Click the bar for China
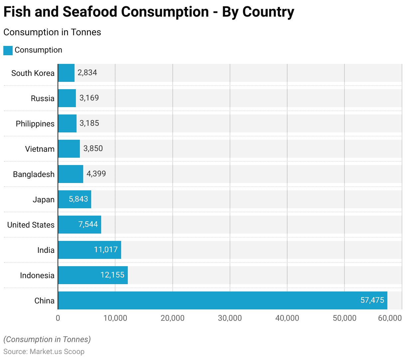pyautogui.click(x=222, y=300)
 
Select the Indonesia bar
pyautogui.click(x=93, y=275)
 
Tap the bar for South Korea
pyautogui.click(x=66, y=73)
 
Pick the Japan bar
pyautogui.click(x=75, y=199)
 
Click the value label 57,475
pyautogui.click(x=372, y=300)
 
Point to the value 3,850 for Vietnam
pyautogui.click(x=93, y=148)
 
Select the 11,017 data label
pyautogui.click(x=106, y=250)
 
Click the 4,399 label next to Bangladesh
pyautogui.click(x=96, y=174)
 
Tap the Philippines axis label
pyautogui.click(x=35, y=124)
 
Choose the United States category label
pyautogui.click(x=31, y=225)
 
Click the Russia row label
pyautogui.click(x=43, y=98)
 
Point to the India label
pyautogui.click(x=46, y=250)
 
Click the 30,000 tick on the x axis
pyautogui.click(x=230, y=318)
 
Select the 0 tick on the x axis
pyautogui.click(x=58, y=318)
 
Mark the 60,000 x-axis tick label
pyautogui.click(x=390, y=318)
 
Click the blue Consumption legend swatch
pyautogui.click(x=8, y=50)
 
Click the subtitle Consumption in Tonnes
pyautogui.click(x=52, y=32)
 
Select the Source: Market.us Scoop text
pyautogui.click(x=44, y=352)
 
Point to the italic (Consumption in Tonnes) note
pyautogui.click(x=47, y=339)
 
